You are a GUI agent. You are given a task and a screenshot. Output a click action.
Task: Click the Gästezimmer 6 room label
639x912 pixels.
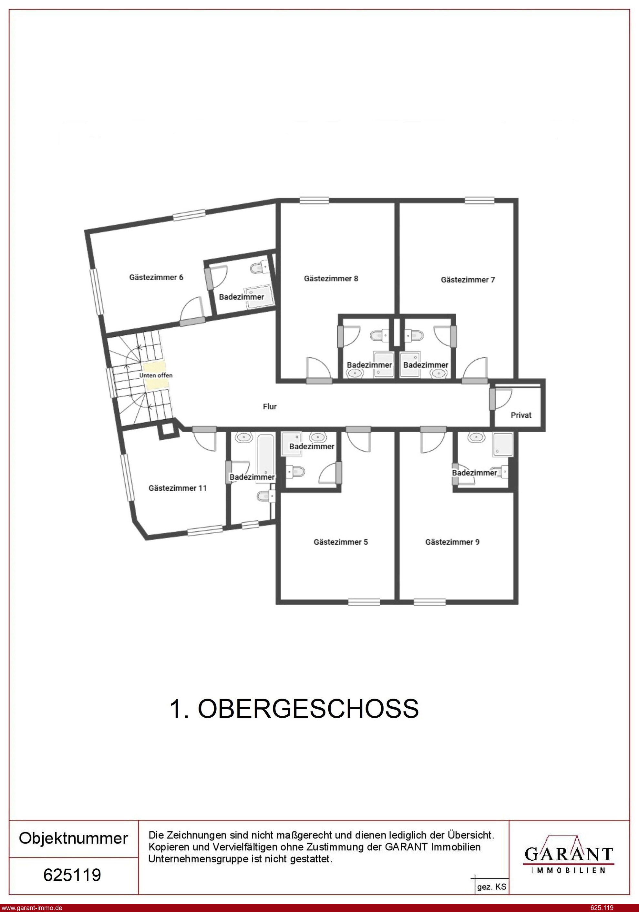pyautogui.click(x=156, y=277)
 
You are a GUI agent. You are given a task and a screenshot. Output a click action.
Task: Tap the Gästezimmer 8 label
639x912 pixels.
pyautogui.click(x=331, y=279)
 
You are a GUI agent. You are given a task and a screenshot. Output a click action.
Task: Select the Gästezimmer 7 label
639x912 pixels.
pyautogui.click(x=468, y=280)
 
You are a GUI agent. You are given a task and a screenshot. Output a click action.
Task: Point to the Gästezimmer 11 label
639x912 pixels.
pyautogui.click(x=178, y=488)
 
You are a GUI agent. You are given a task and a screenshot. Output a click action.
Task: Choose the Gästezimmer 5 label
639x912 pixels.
pyautogui.click(x=341, y=542)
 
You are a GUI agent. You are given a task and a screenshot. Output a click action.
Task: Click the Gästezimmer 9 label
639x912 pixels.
pyautogui.click(x=452, y=542)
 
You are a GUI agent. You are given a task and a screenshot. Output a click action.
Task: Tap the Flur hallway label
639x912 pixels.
pyautogui.click(x=270, y=406)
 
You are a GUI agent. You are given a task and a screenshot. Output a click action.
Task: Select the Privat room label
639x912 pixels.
pyautogui.click(x=521, y=415)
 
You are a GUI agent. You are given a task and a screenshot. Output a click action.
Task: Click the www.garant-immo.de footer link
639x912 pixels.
pyautogui.click(x=31, y=907)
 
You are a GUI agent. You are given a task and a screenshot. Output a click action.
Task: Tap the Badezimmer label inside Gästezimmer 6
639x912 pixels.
pyautogui.click(x=242, y=297)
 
